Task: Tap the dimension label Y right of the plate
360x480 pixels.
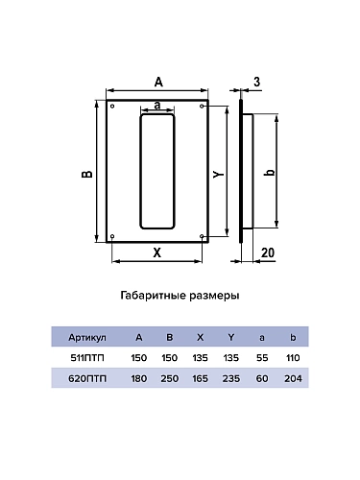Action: (218, 173)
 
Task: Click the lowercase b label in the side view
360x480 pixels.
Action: (269, 173)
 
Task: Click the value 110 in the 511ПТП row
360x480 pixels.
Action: (293, 358)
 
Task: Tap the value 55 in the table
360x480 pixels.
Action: (262, 358)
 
